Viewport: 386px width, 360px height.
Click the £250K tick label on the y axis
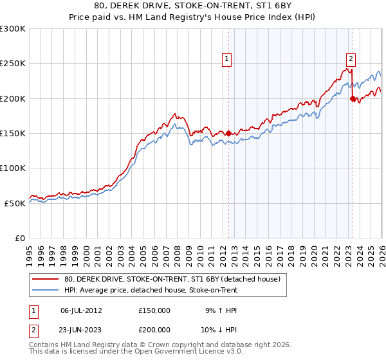13,64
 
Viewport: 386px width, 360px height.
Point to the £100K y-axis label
13,168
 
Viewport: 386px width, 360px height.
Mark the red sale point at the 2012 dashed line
228,133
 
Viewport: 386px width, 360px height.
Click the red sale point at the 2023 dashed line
353,98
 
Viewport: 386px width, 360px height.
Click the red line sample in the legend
45,280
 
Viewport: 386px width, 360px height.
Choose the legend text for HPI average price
151,291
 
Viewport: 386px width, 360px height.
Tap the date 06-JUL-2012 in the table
81,310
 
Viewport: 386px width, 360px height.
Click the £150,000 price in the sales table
154,310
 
